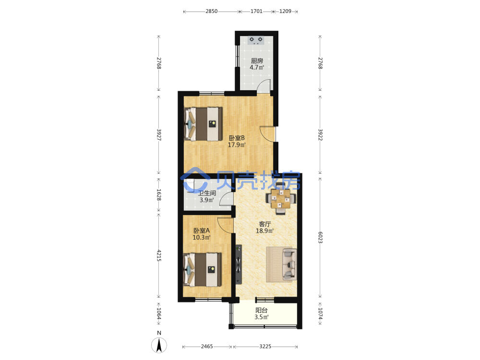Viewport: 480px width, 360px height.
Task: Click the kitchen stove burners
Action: (x=256, y=40)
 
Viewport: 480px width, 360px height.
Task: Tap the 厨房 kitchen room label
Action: (x=257, y=61)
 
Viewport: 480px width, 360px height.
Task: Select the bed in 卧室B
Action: (x=203, y=124)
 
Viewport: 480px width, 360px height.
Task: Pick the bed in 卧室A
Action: (x=203, y=270)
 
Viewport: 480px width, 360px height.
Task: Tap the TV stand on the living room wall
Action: (x=239, y=264)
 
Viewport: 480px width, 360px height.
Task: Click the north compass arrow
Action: (x=159, y=345)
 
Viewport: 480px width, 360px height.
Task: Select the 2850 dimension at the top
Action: (x=211, y=12)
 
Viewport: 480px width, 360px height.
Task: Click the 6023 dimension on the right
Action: (x=320, y=237)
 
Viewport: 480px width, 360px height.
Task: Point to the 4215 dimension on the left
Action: (x=159, y=255)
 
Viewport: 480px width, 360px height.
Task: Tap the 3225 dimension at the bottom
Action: (x=265, y=347)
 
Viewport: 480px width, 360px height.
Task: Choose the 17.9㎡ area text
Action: (x=237, y=145)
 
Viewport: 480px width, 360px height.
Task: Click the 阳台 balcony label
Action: (x=262, y=310)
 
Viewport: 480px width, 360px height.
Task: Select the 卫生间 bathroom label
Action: (x=207, y=193)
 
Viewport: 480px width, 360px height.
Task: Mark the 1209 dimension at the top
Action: (x=285, y=12)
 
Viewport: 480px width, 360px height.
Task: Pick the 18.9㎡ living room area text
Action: (x=265, y=231)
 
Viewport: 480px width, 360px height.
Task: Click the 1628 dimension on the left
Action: (x=159, y=195)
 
